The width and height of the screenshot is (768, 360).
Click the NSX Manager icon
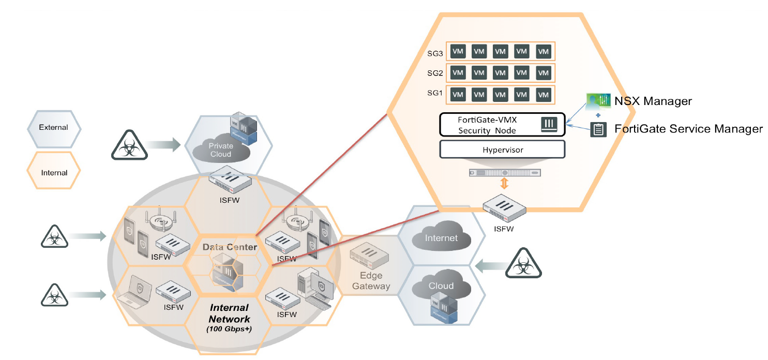pos(599,101)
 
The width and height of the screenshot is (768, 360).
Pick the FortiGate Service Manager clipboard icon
pos(598,129)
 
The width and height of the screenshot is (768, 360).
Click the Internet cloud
pos(441,238)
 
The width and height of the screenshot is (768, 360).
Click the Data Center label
pos(230,247)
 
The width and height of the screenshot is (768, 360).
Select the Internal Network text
pos(230,313)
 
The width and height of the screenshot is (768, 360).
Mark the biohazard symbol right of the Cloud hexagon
pos(523,265)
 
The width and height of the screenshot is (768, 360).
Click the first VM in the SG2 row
pos(458,73)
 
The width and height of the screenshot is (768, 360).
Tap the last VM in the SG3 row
pos(543,52)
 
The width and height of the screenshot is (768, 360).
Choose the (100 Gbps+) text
pos(230,329)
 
